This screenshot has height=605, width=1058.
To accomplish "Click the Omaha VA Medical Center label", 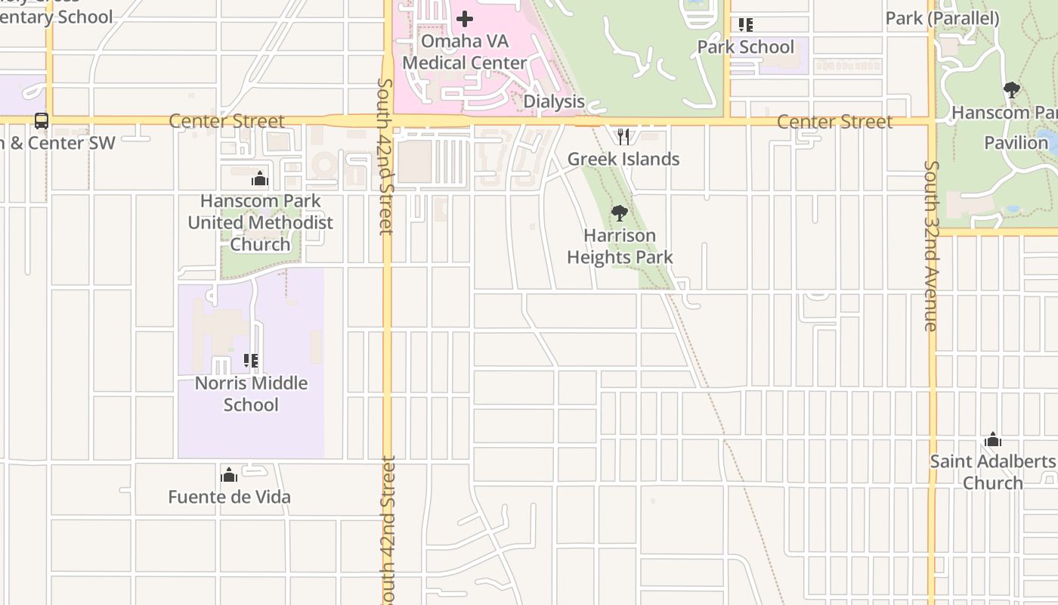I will click(464, 51).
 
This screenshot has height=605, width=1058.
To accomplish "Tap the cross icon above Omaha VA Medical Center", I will click(465, 18).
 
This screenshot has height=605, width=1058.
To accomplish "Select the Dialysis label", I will click(554, 101).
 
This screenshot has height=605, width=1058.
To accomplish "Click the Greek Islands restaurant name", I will click(623, 159).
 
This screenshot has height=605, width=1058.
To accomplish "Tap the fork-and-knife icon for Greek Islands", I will click(623, 137).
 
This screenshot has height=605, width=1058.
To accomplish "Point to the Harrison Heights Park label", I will click(620, 247).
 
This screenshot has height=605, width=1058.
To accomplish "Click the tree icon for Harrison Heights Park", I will click(620, 213).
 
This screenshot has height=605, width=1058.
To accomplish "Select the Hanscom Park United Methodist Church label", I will click(260, 222).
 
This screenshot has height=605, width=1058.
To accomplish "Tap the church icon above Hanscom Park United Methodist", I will click(260, 179).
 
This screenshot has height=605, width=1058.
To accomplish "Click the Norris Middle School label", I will click(251, 393).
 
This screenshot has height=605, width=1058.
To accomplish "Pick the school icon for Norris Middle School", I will click(251, 361).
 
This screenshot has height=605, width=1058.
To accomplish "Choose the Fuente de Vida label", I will click(229, 497).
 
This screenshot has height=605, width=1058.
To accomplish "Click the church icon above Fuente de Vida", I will click(229, 475).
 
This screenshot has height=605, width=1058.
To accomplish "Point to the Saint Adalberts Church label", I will click(993, 472).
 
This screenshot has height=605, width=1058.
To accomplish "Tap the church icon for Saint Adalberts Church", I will click(993, 439).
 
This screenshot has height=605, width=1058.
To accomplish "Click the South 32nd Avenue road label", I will click(931, 246).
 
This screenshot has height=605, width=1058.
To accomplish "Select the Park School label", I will click(745, 47).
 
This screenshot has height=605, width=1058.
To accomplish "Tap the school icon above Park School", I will click(746, 25).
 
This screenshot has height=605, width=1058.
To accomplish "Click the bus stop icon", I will click(42, 121).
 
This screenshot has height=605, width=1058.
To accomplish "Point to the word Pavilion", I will click(1016, 142).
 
